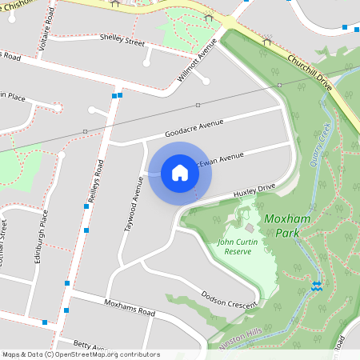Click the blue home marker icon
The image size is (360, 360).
[180, 173]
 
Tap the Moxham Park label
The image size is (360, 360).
[282, 225]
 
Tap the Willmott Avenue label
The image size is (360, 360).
[196, 61]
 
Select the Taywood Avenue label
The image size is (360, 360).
[133, 205]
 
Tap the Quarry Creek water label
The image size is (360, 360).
[319, 144]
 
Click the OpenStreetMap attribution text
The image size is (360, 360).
[81, 354]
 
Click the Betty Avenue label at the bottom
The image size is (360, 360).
[90, 346]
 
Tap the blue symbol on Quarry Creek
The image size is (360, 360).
[318, 285]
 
